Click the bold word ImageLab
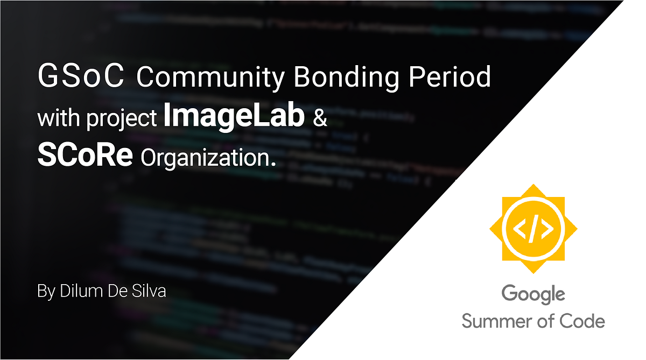tap(234, 117)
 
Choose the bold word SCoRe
tap(85, 156)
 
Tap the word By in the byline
tap(46, 292)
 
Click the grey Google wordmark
tap(533, 294)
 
